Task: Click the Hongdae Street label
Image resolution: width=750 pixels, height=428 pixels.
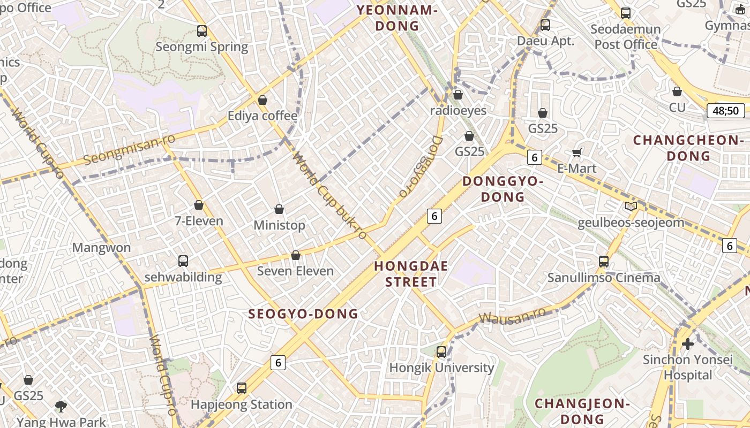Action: [x=411, y=274]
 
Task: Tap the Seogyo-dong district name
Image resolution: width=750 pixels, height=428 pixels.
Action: [x=303, y=314]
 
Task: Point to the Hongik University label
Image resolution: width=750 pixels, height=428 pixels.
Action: [x=441, y=368]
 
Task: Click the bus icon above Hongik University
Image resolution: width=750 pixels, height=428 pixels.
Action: [x=441, y=352]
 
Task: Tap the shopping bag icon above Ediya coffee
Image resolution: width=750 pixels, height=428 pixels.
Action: [x=262, y=100]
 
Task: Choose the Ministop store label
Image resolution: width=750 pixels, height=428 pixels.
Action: [x=279, y=225]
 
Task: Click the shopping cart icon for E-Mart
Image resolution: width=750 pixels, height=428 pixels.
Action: [x=577, y=153]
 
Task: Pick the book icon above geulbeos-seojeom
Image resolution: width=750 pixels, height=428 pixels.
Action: [x=631, y=207]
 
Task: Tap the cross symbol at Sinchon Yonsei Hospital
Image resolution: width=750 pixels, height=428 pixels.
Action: [x=688, y=343]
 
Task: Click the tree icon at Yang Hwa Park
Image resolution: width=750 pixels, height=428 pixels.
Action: [x=61, y=407]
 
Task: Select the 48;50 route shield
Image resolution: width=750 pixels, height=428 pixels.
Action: [x=726, y=111]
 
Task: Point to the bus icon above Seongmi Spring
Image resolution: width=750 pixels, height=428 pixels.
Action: [x=202, y=31]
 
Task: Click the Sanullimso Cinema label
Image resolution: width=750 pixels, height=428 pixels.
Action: [x=604, y=278]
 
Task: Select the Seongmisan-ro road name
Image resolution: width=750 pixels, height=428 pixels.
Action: [x=130, y=151]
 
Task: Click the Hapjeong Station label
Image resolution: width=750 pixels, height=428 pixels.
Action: [x=242, y=404]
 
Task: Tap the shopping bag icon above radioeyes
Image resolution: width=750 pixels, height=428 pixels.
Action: [x=458, y=95]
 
